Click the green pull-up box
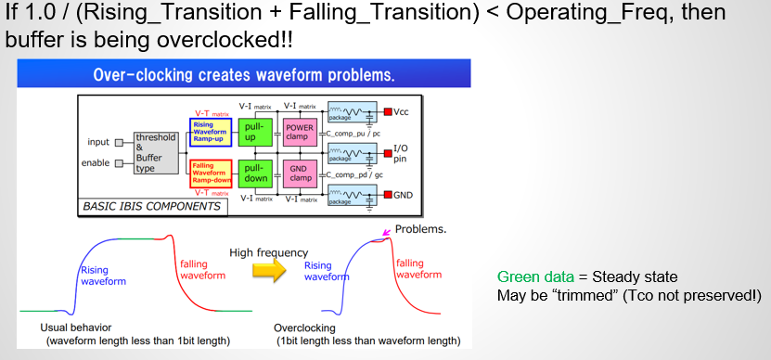click(x=255, y=132)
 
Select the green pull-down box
click(x=255, y=174)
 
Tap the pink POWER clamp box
click(x=299, y=132)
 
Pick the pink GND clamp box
click(x=299, y=174)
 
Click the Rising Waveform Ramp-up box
click(x=211, y=132)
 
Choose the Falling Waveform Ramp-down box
click(x=211, y=174)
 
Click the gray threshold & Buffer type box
click(x=156, y=152)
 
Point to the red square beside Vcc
click(x=388, y=111)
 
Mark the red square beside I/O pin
click(x=388, y=152)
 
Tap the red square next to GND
click(x=388, y=195)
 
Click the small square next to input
click(x=119, y=143)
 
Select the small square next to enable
click(x=119, y=163)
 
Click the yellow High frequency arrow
click(x=269, y=270)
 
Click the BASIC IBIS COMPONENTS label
click(x=152, y=206)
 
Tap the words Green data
click(x=535, y=276)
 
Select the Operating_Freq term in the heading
click(x=582, y=13)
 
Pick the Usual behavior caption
click(x=76, y=328)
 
